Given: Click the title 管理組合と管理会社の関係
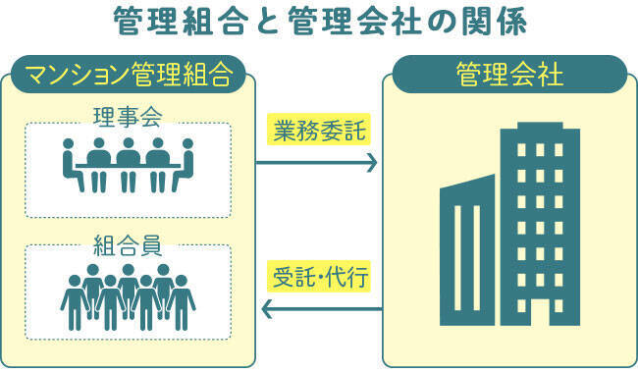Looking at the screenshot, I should coord(319,22).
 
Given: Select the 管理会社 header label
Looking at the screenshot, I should coord(509,74).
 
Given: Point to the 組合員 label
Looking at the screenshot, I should coord(128,242).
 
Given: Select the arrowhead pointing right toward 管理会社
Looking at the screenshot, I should coord(373,163).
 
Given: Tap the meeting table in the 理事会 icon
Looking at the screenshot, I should coord(128,169).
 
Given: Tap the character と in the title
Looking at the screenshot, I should coord(268,22).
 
